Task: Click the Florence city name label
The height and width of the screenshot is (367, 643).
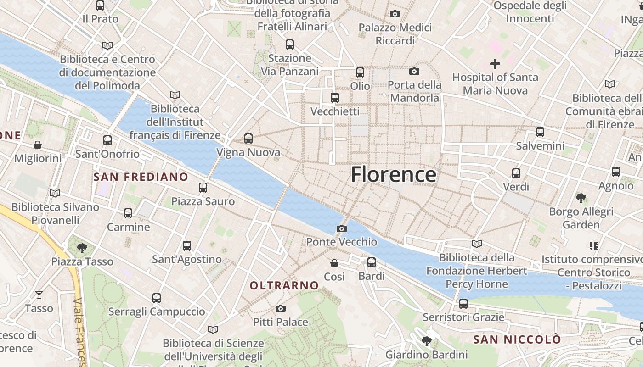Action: click(394, 175)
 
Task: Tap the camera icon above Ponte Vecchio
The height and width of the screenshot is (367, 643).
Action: click(342, 228)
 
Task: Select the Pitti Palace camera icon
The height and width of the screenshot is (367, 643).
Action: click(281, 308)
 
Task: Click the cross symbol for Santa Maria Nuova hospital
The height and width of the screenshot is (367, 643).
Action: click(495, 63)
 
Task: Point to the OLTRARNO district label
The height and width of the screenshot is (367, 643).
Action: click(284, 285)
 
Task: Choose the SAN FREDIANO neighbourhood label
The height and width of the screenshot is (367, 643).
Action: click(141, 177)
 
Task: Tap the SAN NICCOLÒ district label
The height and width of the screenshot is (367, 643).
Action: click(517, 339)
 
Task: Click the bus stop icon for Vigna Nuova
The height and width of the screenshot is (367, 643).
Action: click(248, 138)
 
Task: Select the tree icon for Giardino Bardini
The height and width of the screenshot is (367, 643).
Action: click(427, 341)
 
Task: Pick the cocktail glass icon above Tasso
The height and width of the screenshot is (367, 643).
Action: click(39, 295)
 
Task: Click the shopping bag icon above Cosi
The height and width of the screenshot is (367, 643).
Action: click(334, 263)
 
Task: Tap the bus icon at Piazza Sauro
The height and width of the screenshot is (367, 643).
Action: click(203, 187)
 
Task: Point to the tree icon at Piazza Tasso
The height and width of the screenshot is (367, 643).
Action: click(82, 248)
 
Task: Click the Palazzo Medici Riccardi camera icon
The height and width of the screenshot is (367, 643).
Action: click(395, 14)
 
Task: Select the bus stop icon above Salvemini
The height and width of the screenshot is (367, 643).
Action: click(540, 132)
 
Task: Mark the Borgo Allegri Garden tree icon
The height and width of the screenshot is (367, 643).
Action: click(581, 198)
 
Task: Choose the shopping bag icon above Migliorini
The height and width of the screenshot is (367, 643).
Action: click(38, 145)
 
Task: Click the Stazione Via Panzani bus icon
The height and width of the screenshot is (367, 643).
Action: click(290, 44)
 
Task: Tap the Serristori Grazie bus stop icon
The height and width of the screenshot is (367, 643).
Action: click(463, 303)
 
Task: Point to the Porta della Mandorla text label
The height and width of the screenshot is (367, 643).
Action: click(414, 91)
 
